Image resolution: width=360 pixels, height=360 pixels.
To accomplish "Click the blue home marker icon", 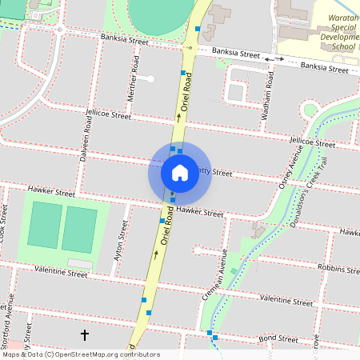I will point(179,172).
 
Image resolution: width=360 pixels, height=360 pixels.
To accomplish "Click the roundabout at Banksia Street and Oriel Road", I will point(190,48).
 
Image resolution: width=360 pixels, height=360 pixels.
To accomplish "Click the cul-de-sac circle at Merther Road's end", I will point(150,78).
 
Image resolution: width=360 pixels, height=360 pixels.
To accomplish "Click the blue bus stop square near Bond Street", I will point(210,333).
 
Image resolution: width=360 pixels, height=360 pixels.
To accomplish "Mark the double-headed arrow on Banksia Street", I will point(274,58).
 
